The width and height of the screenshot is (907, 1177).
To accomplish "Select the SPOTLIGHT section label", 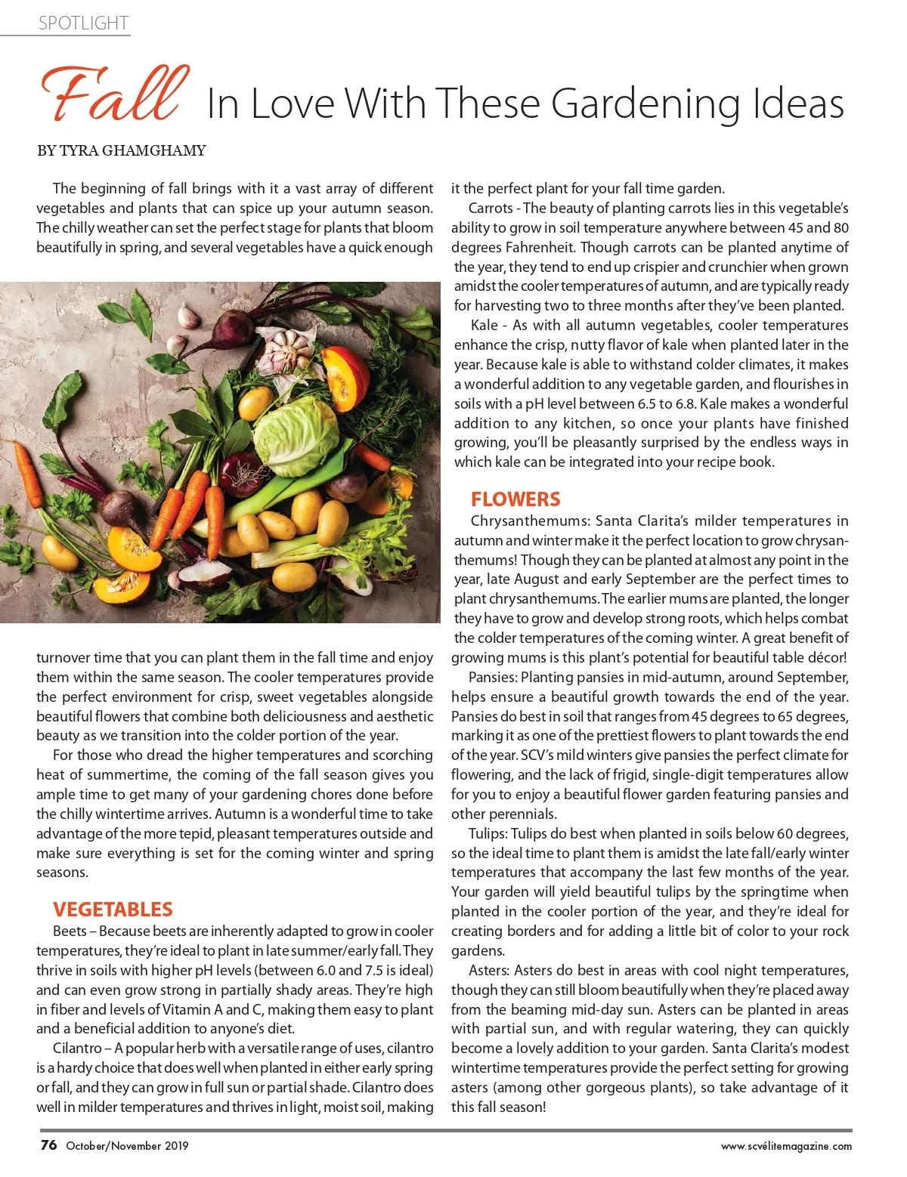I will [x=83, y=23].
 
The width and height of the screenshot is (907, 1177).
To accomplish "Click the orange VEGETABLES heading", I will [x=113, y=909].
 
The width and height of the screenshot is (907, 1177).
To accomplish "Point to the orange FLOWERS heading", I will [x=515, y=499].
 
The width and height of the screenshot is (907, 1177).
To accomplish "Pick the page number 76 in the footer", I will [x=48, y=1145].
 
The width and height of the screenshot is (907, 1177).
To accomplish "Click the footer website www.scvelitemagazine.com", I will [x=786, y=1146].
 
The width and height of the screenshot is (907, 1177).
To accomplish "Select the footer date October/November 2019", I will [x=127, y=1146].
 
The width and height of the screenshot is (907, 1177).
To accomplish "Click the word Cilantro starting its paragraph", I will [x=79, y=1048].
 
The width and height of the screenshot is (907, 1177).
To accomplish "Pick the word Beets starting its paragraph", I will [x=70, y=931].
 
